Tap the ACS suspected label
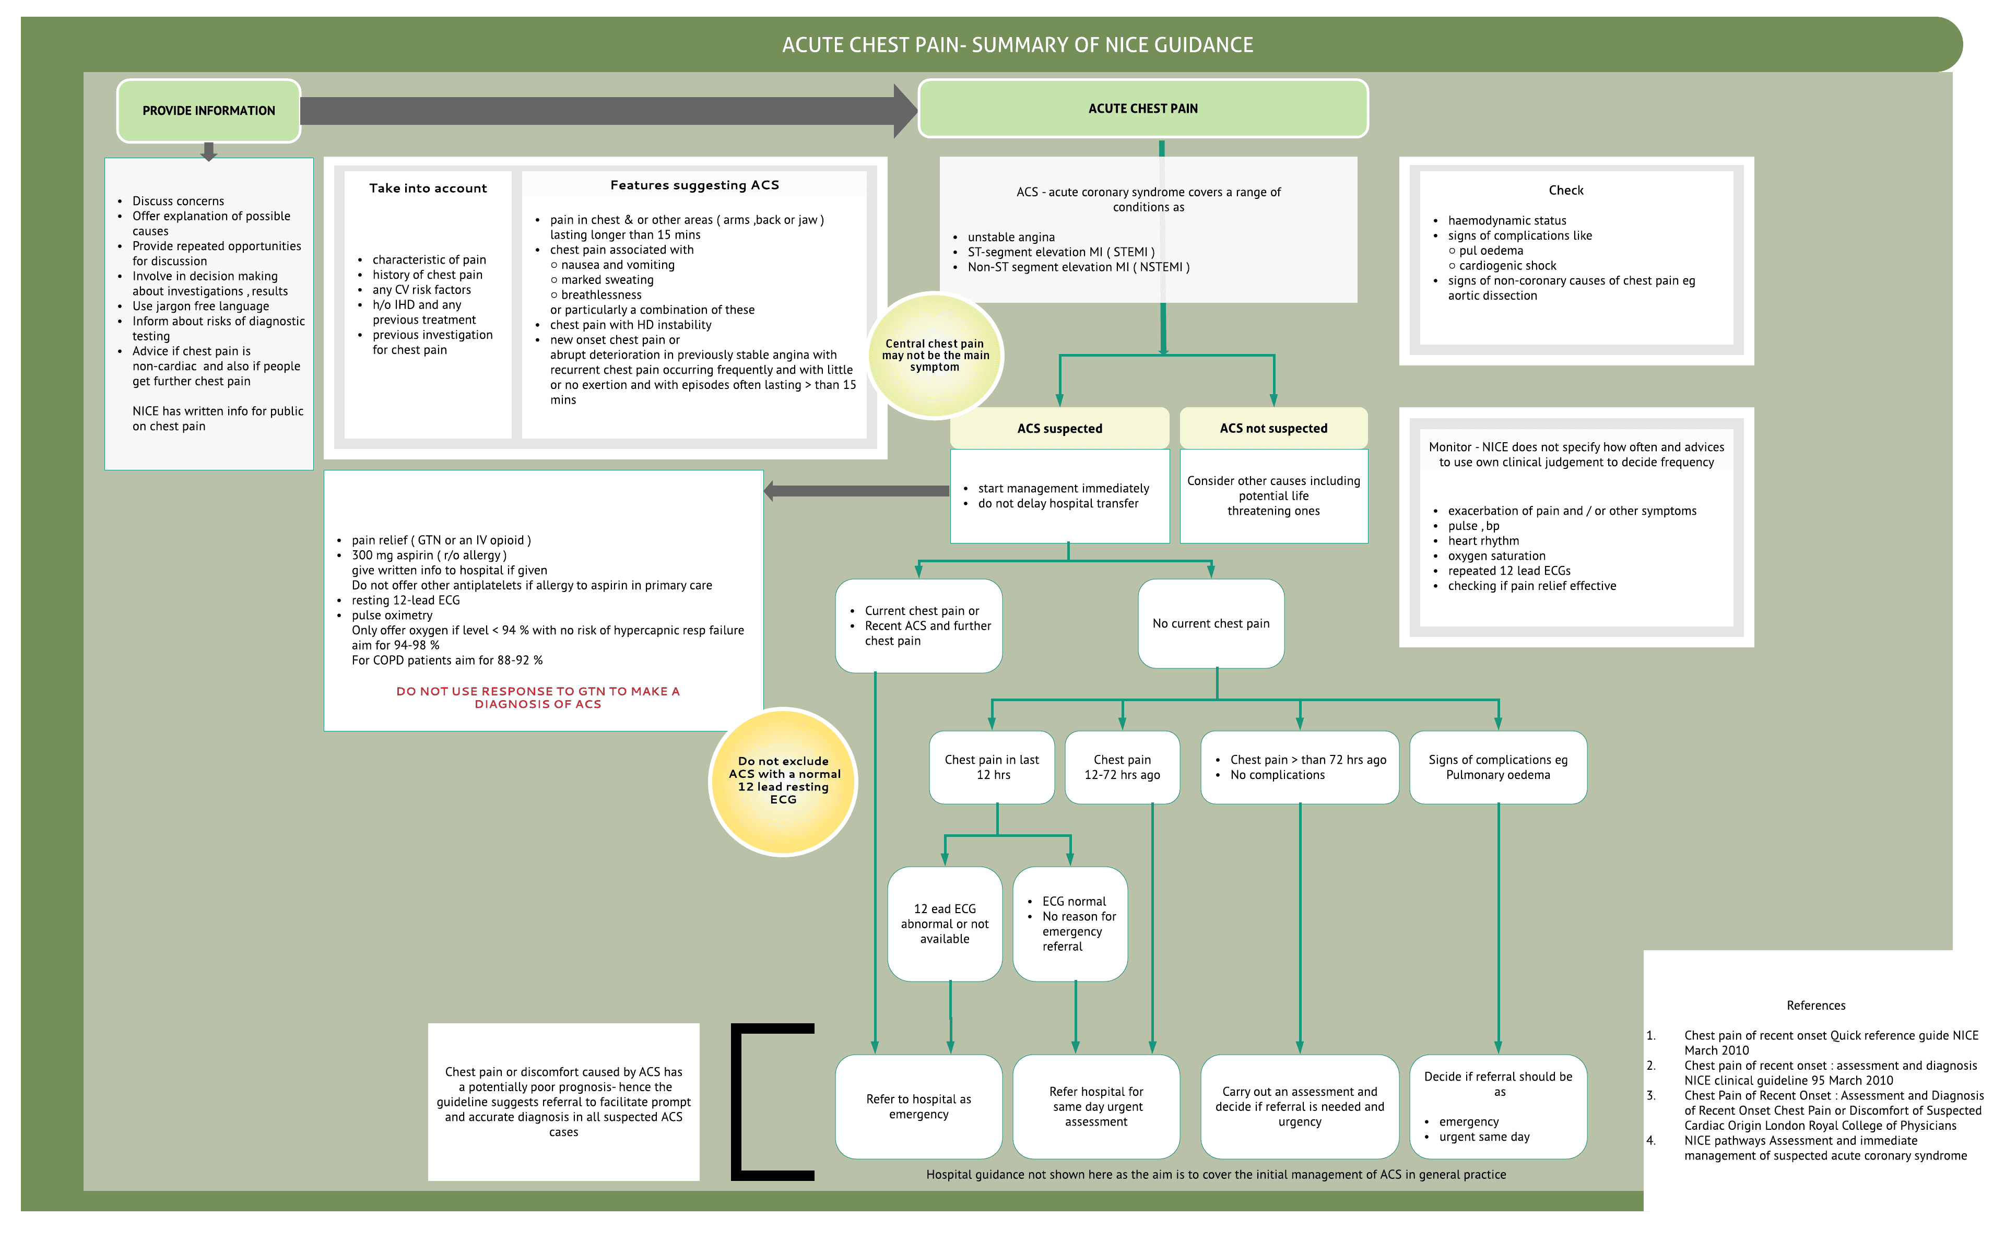point(1059,429)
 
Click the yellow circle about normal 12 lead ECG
point(783,781)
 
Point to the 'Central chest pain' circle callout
point(935,356)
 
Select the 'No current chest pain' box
point(1210,623)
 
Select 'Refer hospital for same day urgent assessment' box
point(1095,1106)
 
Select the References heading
point(1815,1005)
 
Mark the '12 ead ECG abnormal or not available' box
point(945,923)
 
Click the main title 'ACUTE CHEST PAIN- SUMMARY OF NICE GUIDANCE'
point(1018,45)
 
